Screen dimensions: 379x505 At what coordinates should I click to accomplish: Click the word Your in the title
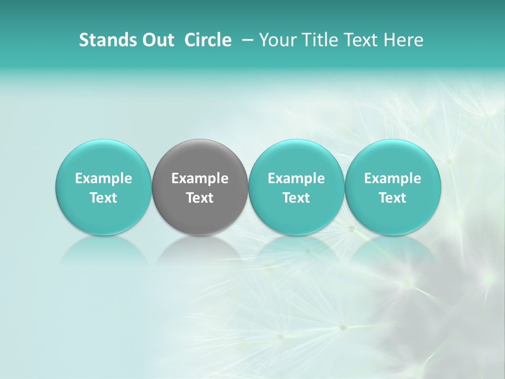coord(277,41)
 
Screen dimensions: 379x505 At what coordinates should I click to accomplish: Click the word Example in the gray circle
coord(200,179)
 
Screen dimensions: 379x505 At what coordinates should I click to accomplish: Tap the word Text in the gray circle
coord(200,198)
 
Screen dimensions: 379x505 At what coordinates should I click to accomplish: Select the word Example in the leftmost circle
coord(104,179)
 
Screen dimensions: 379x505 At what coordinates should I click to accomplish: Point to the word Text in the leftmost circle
coord(104,198)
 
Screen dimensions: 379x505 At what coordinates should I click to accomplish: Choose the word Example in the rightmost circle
coord(393,179)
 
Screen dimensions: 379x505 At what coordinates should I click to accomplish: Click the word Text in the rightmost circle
coord(393,198)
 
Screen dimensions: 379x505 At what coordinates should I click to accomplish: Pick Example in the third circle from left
coord(297,179)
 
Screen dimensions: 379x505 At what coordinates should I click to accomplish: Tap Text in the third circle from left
coord(297,198)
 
